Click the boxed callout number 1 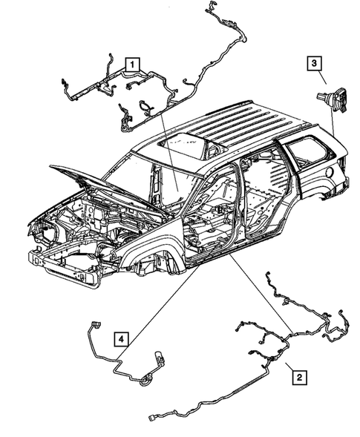(131, 64)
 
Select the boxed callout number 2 (298, 378)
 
